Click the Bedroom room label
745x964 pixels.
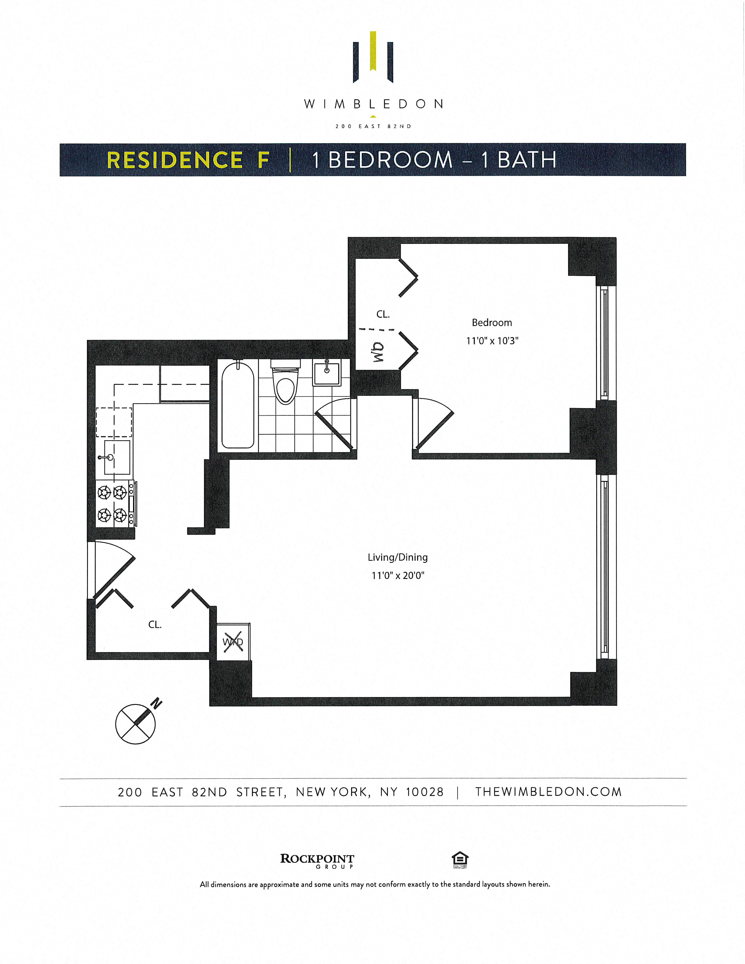[x=492, y=323]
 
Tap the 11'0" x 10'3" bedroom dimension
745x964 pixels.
[x=492, y=341]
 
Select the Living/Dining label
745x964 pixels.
[x=398, y=557]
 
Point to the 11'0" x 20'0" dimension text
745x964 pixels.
[x=398, y=575]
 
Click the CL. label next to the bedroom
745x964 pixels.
[x=383, y=314]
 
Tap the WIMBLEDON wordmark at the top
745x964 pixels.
[x=373, y=105]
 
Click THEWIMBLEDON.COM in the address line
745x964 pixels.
[x=548, y=792]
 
